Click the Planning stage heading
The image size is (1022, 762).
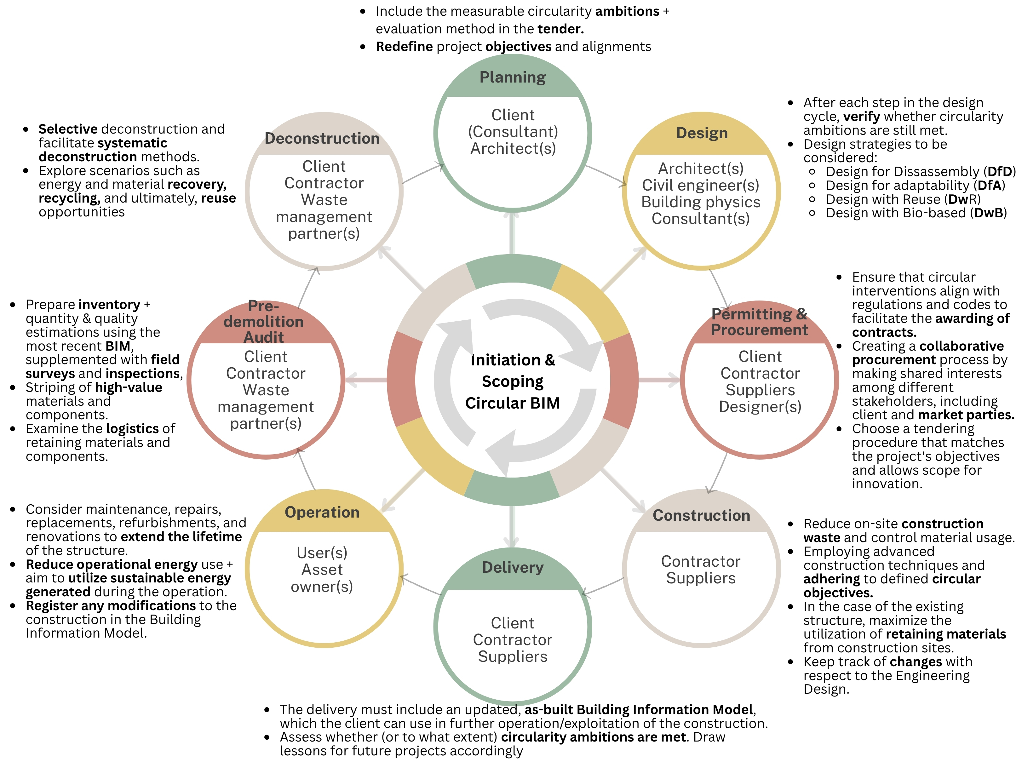512,77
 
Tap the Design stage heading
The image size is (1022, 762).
702,133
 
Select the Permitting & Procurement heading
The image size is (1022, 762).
759,322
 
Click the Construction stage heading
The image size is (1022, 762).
701,515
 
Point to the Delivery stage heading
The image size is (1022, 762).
512,567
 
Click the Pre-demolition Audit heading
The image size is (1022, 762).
264,322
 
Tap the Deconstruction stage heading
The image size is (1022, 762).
322,138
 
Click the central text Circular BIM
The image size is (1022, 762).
512,403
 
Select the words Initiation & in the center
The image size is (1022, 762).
512,360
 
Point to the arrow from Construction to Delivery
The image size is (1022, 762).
603,586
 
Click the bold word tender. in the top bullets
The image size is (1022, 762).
560,29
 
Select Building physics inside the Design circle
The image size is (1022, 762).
701,202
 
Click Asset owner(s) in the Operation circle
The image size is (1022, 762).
322,578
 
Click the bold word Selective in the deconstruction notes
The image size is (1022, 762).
68,129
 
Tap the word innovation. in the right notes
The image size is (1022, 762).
887,484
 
